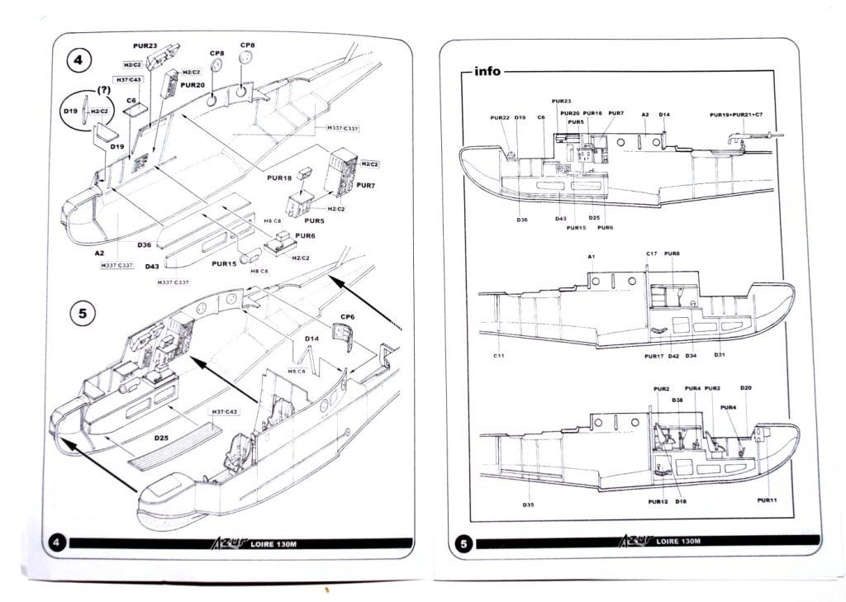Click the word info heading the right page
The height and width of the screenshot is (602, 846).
click(487, 72)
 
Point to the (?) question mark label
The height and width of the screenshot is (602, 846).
click(105, 89)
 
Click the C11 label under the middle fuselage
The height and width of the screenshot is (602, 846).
click(499, 355)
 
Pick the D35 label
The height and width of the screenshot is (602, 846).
click(529, 504)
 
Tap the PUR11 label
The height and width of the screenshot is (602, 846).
click(767, 500)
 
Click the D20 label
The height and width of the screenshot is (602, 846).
click(746, 387)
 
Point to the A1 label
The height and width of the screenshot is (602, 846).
click(592, 257)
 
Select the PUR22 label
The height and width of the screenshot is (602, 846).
click(499, 117)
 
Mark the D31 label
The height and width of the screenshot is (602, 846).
click(720, 355)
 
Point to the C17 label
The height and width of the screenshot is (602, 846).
click(651, 253)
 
